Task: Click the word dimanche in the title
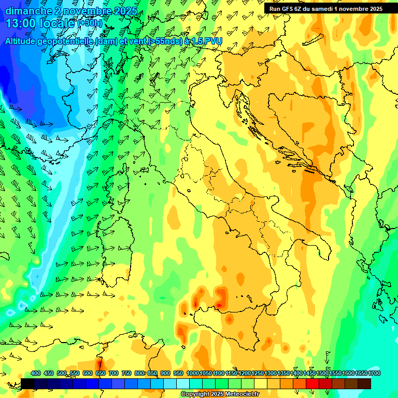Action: pos(27,11)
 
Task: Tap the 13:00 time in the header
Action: pos(21,23)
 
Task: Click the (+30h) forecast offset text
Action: pos(90,23)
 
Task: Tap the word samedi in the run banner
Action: pos(322,9)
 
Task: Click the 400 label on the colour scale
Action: pos(36,374)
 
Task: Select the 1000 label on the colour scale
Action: pos(193,374)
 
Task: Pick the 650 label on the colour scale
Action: pos(101,374)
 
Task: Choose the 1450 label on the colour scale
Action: pos(310,374)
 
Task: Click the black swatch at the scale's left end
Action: pos(27,383)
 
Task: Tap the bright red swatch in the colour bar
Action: pos(312,383)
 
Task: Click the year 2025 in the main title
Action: pos(124,11)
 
